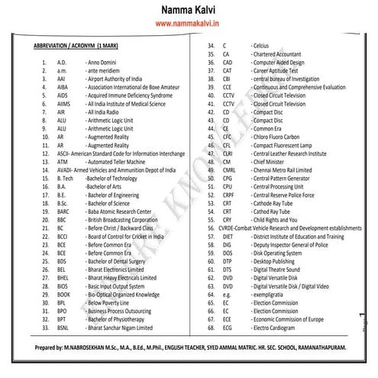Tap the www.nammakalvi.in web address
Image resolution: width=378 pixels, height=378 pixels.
click(x=188, y=26)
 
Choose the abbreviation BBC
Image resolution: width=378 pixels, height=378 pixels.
click(x=62, y=218)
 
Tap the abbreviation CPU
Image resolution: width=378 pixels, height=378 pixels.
click(x=228, y=186)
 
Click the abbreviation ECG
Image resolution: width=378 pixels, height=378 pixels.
click(x=228, y=325)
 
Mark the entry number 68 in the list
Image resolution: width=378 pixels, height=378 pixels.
click(x=212, y=325)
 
